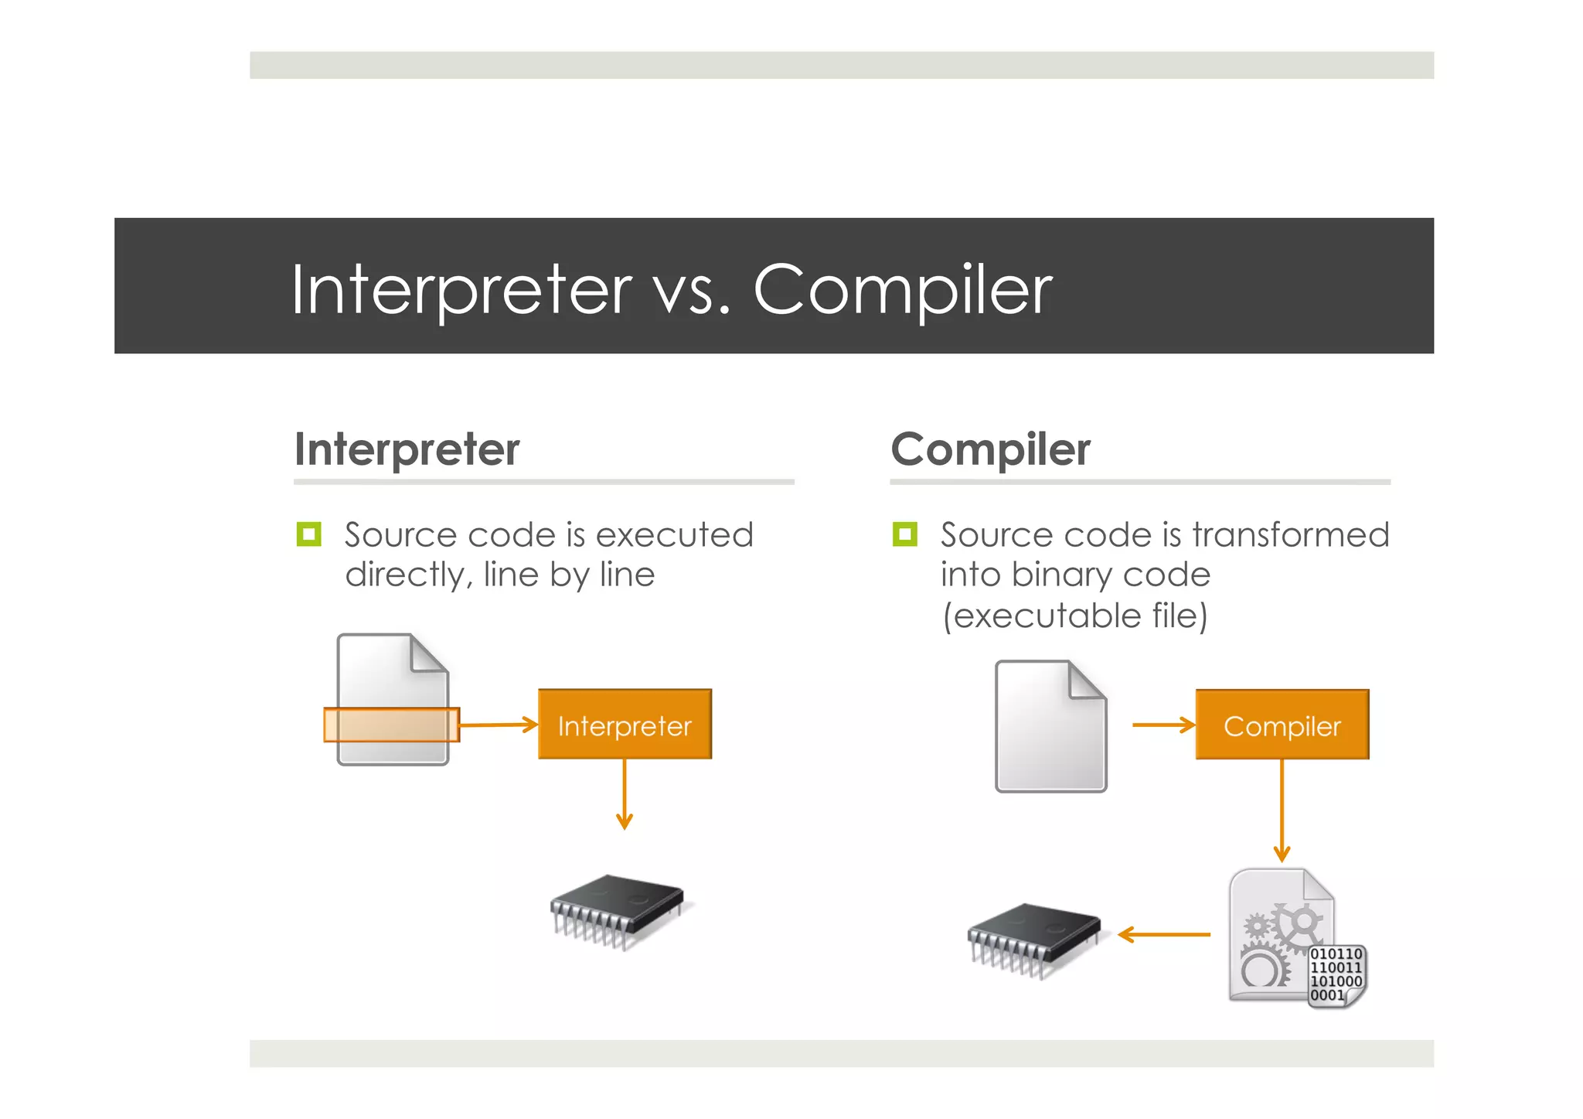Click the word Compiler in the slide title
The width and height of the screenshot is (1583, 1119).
902,290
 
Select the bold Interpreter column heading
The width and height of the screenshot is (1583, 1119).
407,449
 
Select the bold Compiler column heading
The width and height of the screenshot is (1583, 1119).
990,449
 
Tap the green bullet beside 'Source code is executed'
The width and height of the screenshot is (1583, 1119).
308,534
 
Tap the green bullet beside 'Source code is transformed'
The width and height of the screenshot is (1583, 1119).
904,534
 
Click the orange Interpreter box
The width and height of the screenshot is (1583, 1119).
625,725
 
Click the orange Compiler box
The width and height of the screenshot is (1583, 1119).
1282,725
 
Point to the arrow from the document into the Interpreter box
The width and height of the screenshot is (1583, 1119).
499,725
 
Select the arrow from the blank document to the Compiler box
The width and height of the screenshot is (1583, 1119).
1163,725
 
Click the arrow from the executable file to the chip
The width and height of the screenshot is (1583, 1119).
1164,935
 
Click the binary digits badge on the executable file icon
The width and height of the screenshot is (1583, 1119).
1336,975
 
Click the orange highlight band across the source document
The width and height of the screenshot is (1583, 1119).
391,725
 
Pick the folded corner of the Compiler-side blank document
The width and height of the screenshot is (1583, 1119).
1087,681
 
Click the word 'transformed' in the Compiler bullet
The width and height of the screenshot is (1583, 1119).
1290,535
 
